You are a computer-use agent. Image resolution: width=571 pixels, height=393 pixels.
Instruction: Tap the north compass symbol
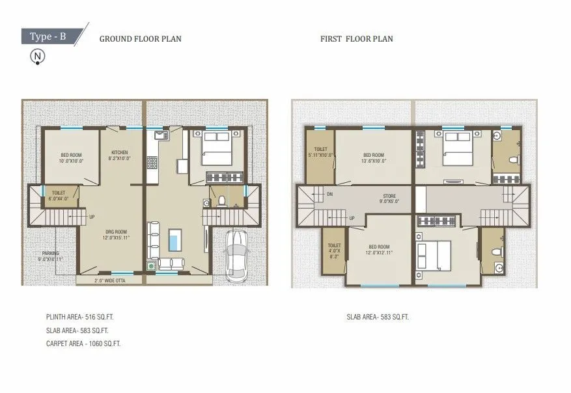[x=38, y=57]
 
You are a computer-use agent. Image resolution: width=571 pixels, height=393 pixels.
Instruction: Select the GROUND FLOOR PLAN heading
[x=140, y=39]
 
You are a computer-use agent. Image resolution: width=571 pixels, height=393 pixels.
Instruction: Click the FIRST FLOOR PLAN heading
[x=356, y=39]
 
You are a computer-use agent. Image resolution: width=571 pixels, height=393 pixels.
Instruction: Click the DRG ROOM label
[x=116, y=234]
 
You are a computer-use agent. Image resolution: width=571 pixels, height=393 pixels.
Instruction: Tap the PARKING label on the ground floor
[x=51, y=256]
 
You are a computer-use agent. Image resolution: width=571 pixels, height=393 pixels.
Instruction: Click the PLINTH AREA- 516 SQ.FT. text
[x=84, y=318]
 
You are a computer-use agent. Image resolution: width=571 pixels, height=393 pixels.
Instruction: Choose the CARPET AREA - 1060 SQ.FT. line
[x=83, y=343]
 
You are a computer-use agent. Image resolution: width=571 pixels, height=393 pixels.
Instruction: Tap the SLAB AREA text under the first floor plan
[x=378, y=318]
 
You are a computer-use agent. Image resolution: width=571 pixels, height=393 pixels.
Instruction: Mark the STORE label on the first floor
[x=389, y=198]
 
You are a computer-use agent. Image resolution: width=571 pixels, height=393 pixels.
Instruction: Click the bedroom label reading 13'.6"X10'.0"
[x=374, y=158]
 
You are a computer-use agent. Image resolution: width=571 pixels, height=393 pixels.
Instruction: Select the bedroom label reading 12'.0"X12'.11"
[x=380, y=249]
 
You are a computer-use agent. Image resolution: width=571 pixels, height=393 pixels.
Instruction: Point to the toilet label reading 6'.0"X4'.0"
[x=59, y=196]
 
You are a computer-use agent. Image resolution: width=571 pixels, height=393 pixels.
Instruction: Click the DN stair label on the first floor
[x=330, y=194]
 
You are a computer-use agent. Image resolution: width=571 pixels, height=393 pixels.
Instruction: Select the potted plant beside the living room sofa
[x=152, y=265]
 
